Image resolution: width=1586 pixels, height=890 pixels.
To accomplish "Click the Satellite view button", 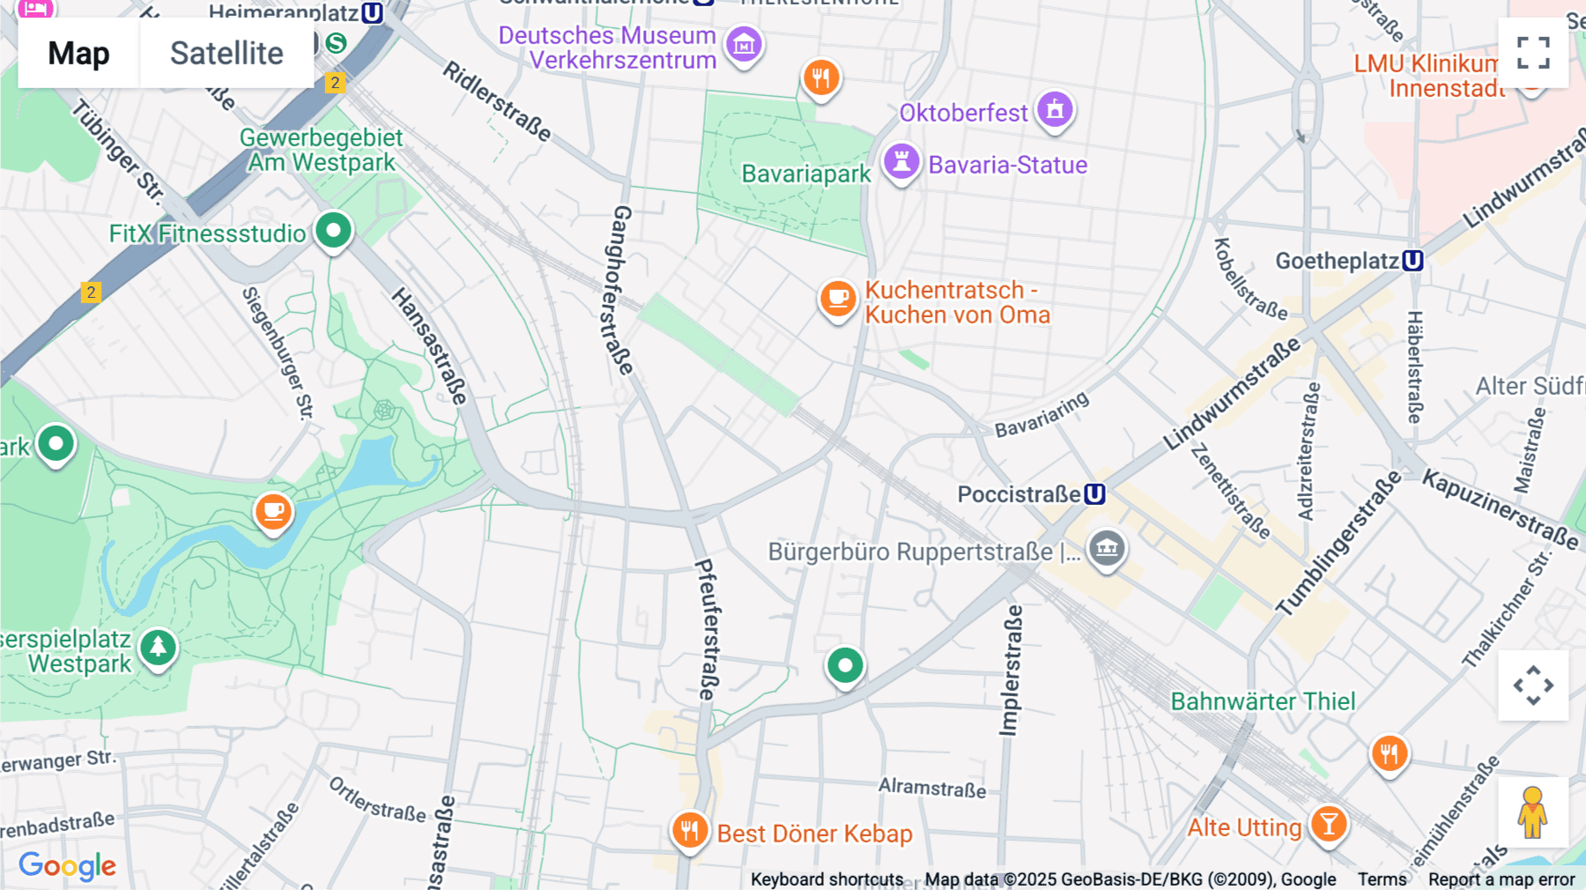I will [x=226, y=54].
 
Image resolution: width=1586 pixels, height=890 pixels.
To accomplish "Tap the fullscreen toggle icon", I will [x=1533, y=53].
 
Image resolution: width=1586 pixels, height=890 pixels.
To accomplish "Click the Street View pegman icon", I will [x=1532, y=812].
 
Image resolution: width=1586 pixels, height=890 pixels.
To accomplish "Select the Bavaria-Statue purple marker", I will [x=901, y=162].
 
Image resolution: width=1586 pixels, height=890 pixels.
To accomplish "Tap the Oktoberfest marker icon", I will [x=1055, y=110].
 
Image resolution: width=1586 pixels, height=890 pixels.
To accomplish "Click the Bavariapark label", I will [x=806, y=174].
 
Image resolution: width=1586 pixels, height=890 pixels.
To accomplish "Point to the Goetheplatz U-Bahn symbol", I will [x=1412, y=261].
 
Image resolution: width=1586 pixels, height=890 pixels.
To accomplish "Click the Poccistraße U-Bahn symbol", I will [x=1094, y=494].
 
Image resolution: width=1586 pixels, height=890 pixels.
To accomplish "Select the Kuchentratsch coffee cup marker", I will [x=838, y=300].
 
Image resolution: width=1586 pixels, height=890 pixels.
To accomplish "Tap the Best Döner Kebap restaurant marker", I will [x=689, y=830].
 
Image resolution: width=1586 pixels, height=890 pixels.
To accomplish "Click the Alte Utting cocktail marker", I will [x=1328, y=825].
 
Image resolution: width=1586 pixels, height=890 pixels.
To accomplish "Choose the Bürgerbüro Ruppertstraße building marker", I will [x=1107, y=548].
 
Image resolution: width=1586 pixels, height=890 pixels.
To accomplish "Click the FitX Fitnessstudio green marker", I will [x=333, y=232].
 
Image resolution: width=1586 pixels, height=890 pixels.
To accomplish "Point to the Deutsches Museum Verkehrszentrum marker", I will [x=744, y=43].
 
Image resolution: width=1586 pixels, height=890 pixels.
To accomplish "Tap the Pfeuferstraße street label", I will [x=708, y=629].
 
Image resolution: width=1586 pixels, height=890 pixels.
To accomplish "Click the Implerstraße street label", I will [x=1010, y=671].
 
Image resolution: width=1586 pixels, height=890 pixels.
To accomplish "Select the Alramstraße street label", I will [x=932, y=787].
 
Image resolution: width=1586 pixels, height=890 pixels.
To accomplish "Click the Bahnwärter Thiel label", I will [x=1263, y=701].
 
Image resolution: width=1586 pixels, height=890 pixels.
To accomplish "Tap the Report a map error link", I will [x=1501, y=879].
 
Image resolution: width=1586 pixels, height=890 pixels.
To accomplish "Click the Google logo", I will [x=67, y=866].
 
